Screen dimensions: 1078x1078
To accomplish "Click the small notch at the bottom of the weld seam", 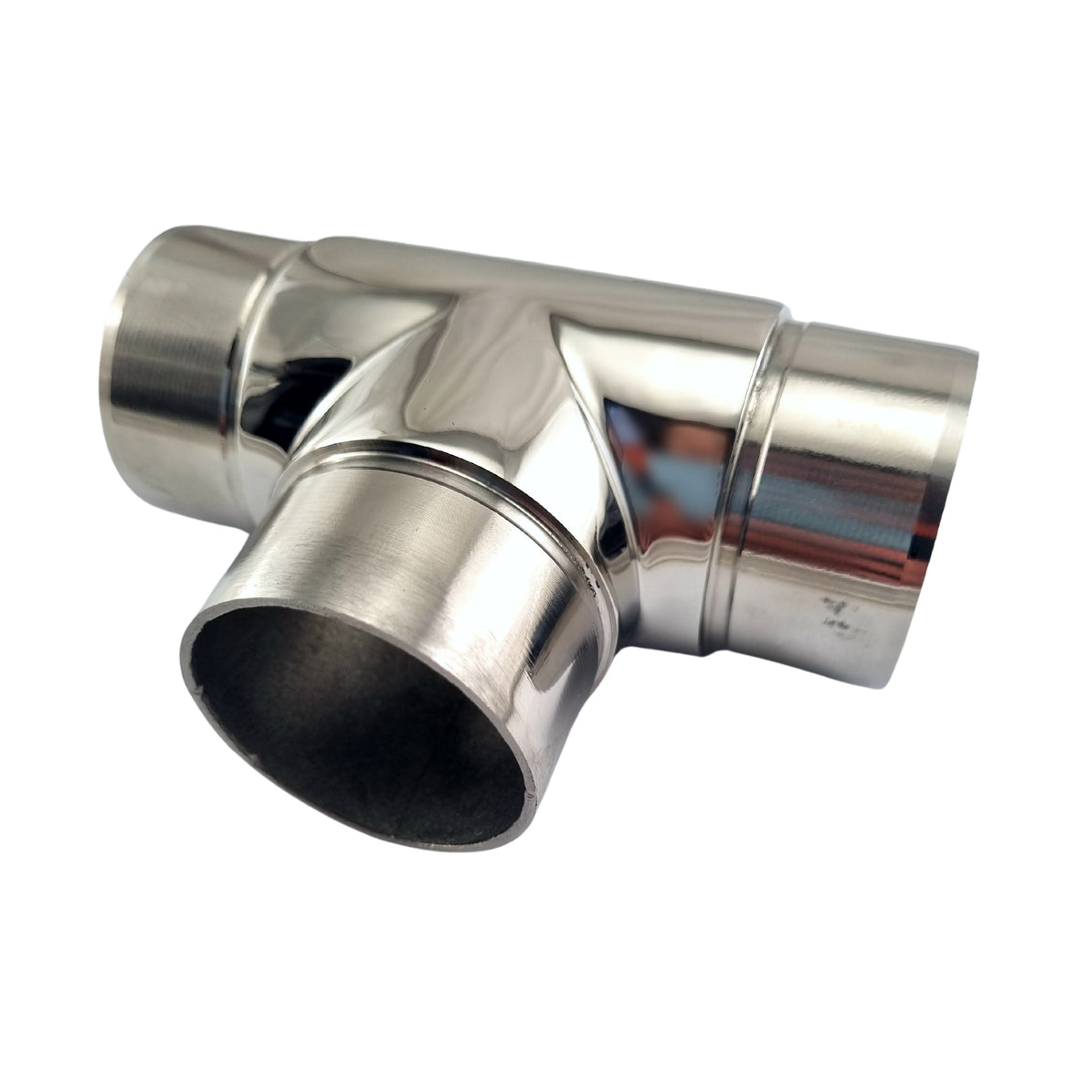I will (708, 650).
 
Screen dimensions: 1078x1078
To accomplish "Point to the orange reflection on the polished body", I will (639, 429).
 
